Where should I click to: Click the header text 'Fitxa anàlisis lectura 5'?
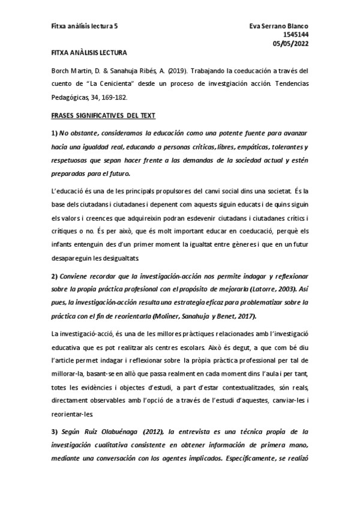coord(84,26)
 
